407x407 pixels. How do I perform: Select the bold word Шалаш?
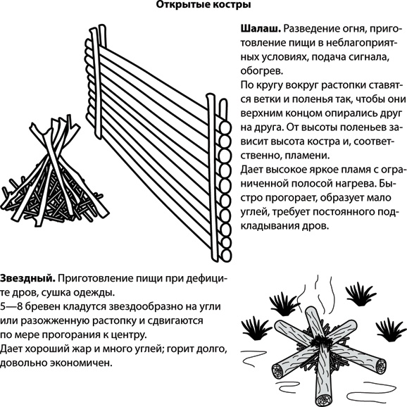(x=261, y=29)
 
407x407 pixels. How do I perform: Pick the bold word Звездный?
(x=27, y=279)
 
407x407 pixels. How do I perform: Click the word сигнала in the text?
(x=368, y=57)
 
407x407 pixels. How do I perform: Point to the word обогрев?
(x=262, y=71)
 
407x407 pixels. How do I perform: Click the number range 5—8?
(x=12, y=306)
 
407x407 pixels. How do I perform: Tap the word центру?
(x=128, y=335)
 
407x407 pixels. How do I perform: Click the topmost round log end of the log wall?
(x=225, y=127)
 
